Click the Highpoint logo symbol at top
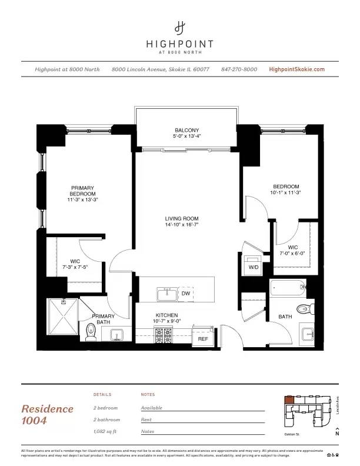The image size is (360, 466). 180,28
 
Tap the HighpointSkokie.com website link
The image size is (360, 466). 296,69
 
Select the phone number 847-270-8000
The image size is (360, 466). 239,69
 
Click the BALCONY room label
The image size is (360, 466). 186,130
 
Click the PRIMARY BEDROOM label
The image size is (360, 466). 82,191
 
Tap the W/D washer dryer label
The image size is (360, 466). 254,267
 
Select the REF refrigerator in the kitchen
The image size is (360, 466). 203,339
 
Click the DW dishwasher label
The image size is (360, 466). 185,293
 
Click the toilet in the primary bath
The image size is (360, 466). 91,332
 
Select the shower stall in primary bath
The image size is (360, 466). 62,315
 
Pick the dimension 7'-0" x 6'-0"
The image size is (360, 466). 292,254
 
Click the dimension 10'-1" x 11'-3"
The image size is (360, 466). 285,192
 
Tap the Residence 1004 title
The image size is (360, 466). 48,414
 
